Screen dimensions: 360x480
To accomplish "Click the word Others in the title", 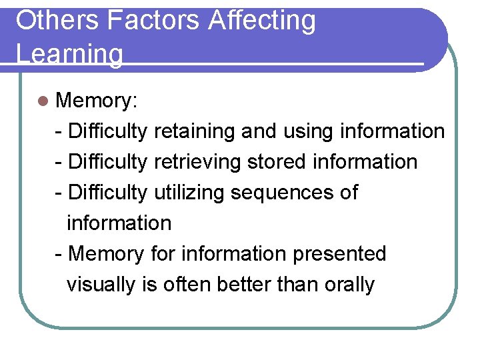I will pos(57,21).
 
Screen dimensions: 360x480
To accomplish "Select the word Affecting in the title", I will pos(261,21).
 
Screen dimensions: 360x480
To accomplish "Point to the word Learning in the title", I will pos(70,54).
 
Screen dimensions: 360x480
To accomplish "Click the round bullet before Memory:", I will pos(43,101).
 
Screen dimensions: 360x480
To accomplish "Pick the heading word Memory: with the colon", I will pos(97,101).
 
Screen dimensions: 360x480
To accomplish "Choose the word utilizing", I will pos(189,193).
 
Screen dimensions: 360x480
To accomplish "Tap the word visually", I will pos(101,285).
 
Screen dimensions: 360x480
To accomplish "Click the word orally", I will pos(350,285).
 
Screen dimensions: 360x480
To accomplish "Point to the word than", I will pos(298,285).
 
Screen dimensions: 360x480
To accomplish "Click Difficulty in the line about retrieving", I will pos(108,162).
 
